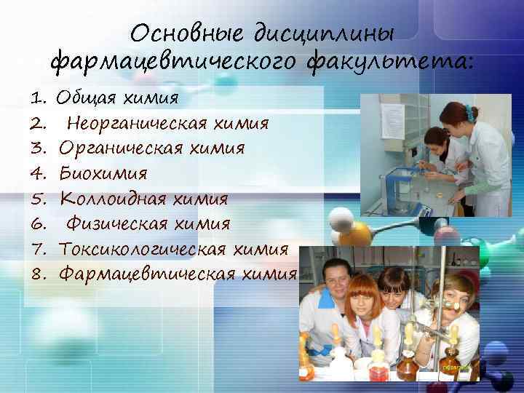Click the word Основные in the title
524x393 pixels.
(187, 34)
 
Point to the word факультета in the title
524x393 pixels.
(392, 63)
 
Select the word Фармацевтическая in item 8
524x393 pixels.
(143, 274)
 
